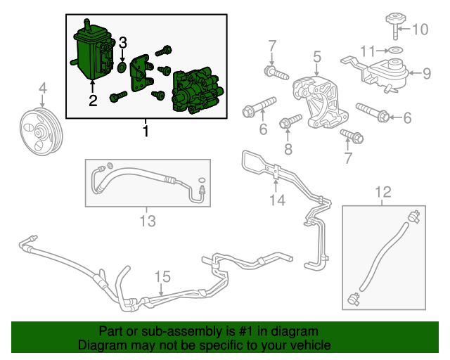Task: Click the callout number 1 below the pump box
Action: pyautogui.click(x=146, y=131)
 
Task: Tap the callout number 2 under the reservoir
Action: pyautogui.click(x=93, y=101)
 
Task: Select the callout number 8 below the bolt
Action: pyautogui.click(x=287, y=148)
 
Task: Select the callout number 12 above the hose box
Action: pyautogui.click(x=382, y=191)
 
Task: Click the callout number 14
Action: pyautogui.click(x=276, y=200)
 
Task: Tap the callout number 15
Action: pyautogui.click(x=162, y=276)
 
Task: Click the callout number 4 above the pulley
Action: pyautogui.click(x=42, y=88)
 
